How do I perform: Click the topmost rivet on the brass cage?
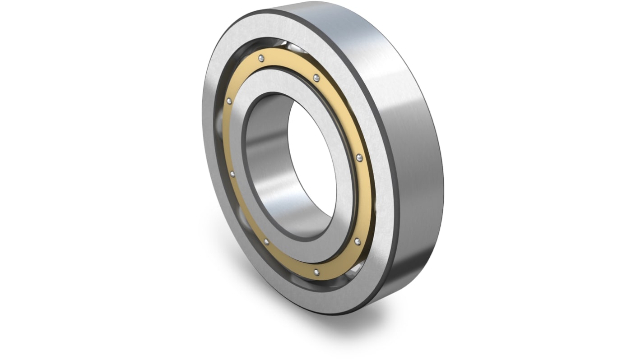tap(261, 57)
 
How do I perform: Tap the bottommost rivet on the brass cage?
tap(316, 272)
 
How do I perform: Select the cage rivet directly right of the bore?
tap(359, 157)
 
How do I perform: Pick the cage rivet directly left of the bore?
tap(232, 174)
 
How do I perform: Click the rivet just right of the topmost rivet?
tap(317, 78)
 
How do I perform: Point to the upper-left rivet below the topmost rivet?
tap(229, 101)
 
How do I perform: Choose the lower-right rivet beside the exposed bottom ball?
tap(358, 241)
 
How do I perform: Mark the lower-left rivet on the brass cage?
tap(266, 242)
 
